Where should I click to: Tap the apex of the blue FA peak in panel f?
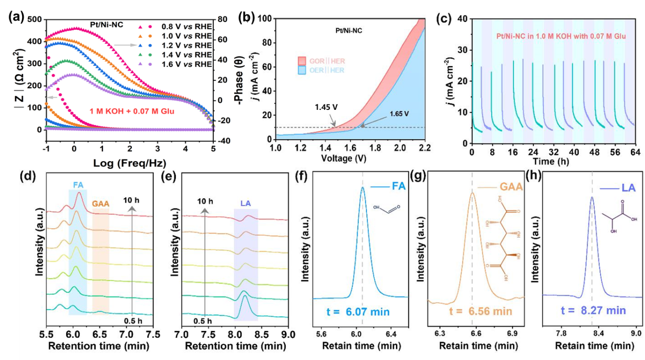pos(363,188)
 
